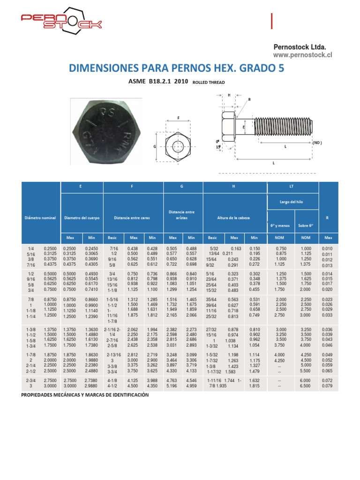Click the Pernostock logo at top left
pos(61,22)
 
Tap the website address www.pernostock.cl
pos(302,55)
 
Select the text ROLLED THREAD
pos(209,82)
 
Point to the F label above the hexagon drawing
pos(179,118)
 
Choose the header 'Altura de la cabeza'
pos(233,218)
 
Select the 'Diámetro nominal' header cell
pos(40,218)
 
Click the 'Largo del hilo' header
pos(292,202)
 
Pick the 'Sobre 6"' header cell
pos(306,226)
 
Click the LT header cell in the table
pos(292,187)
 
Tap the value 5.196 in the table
pos(172,386)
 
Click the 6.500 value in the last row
pos(306,386)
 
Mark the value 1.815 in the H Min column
pos(254,386)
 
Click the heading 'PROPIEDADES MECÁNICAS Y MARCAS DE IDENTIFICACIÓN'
pos(85,395)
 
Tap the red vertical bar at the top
pos(272,22)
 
